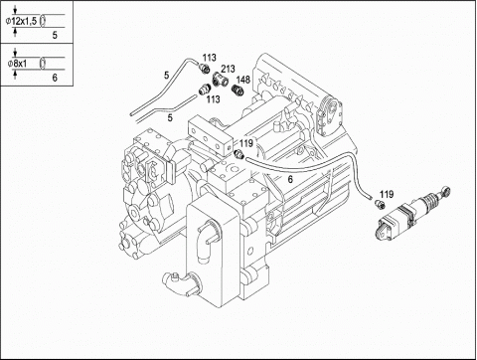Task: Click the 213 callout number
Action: pos(228,69)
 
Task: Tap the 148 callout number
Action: pos(243,80)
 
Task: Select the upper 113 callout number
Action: pos(210,58)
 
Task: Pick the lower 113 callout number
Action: pos(213,99)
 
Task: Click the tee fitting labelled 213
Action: pos(220,79)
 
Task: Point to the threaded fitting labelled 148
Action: pos(238,90)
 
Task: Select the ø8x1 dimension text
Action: pos(17,64)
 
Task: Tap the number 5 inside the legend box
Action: pos(55,35)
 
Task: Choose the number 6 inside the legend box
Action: pos(55,78)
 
